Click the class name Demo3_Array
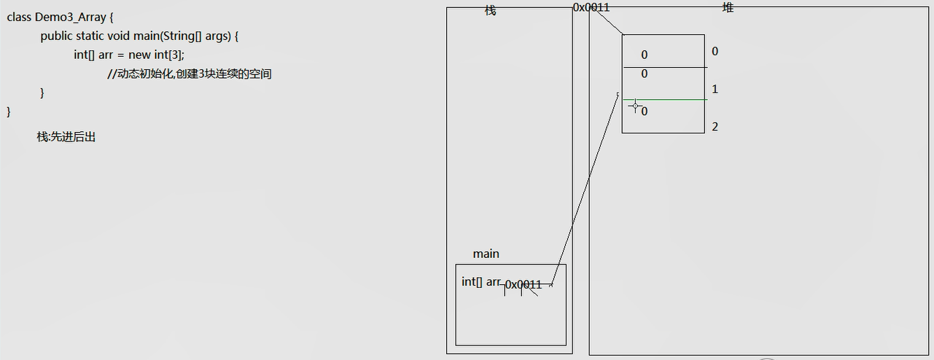tap(70, 17)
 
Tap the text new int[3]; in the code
tap(156, 55)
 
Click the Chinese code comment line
tap(190, 74)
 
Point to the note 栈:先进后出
tap(66, 137)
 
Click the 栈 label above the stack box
tap(491, 10)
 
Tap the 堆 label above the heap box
tap(728, 8)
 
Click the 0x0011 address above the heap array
tap(591, 7)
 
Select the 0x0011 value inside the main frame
tap(524, 285)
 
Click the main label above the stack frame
tap(486, 254)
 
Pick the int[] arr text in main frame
tap(480, 282)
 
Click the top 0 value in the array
tap(645, 55)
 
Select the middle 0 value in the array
tap(645, 74)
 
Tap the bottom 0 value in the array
tap(645, 111)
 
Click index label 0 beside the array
tap(715, 51)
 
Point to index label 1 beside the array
tap(715, 89)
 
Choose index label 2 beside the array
tap(715, 127)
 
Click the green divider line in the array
tap(665, 100)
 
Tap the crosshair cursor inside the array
tap(635, 106)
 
